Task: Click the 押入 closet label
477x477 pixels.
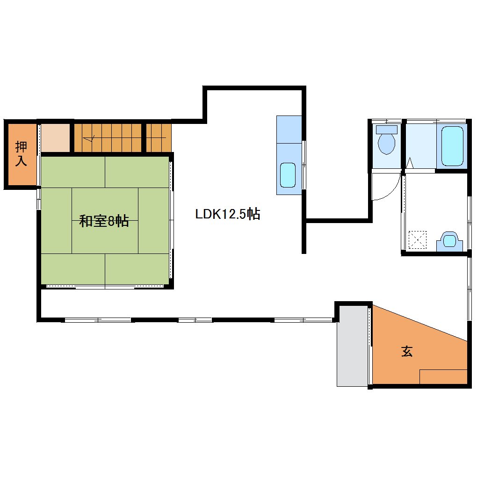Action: coord(21,154)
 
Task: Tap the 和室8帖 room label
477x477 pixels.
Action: coord(104,221)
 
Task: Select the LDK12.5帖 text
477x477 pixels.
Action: coord(228,214)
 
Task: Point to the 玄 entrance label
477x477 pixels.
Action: coord(407,351)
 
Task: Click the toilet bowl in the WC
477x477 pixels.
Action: coord(386,144)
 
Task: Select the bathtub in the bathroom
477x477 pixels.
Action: coord(452,146)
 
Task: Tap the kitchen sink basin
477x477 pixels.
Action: coord(288,175)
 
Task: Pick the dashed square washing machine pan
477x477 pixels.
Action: coord(417,240)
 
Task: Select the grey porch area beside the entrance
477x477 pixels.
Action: coord(353,346)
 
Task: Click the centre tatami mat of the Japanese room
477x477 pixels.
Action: coord(105,221)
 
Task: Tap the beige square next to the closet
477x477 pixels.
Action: coord(55,137)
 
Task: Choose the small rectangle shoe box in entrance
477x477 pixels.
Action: coord(443,376)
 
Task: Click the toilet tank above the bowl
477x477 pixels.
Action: coord(387,130)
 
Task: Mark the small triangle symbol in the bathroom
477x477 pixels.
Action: coord(410,163)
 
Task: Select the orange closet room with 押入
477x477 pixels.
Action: coord(22,154)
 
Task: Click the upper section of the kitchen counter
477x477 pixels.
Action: coord(289,129)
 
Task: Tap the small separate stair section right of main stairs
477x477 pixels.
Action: coord(159,137)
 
